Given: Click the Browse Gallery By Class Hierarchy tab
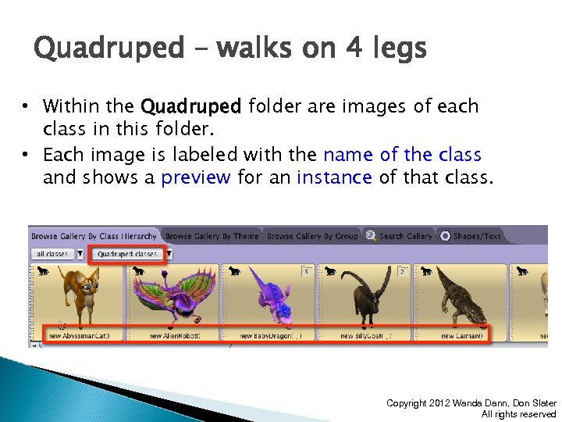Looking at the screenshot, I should click(x=94, y=236).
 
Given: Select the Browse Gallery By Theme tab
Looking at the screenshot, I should click(x=212, y=236).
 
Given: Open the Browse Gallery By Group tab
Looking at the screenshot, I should click(x=312, y=236).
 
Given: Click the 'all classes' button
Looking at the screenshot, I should click(x=53, y=254).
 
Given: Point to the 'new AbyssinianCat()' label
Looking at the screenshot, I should click(x=79, y=336).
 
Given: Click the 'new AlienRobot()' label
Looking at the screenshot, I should click(x=175, y=336).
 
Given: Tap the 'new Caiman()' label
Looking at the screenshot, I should click(x=462, y=336).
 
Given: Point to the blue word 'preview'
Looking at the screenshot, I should click(x=195, y=177).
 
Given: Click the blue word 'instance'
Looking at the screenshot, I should click(x=334, y=177).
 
